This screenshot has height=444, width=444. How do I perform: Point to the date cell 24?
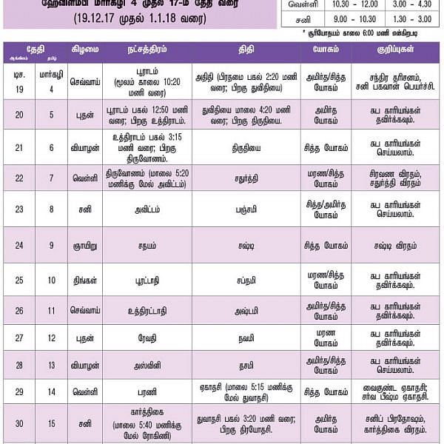(18, 245)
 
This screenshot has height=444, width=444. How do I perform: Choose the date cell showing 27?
(18, 337)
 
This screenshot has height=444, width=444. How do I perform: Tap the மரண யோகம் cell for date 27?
(325, 337)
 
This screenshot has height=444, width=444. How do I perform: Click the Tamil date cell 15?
(51, 424)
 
